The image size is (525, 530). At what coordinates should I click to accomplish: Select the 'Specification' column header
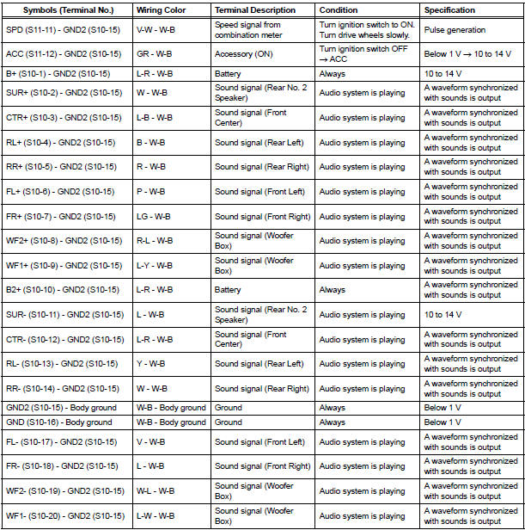449,10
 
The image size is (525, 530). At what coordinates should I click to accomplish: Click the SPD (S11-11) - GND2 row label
64,30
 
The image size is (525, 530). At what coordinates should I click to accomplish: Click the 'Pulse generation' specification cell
454,30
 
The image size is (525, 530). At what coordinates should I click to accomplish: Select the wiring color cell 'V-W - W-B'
156,30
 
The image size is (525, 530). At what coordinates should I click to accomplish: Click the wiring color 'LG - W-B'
154,217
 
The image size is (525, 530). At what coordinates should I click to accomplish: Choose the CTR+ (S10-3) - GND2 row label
64,118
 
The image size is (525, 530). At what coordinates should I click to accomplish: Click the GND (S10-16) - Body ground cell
59,422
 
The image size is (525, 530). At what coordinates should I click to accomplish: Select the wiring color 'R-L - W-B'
156,241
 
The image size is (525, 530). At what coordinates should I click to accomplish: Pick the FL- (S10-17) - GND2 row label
62,442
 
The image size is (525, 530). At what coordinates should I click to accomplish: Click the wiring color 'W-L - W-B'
156,491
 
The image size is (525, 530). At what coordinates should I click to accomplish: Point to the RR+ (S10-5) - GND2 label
62,168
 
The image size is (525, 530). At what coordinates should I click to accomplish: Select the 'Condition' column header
339,10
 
